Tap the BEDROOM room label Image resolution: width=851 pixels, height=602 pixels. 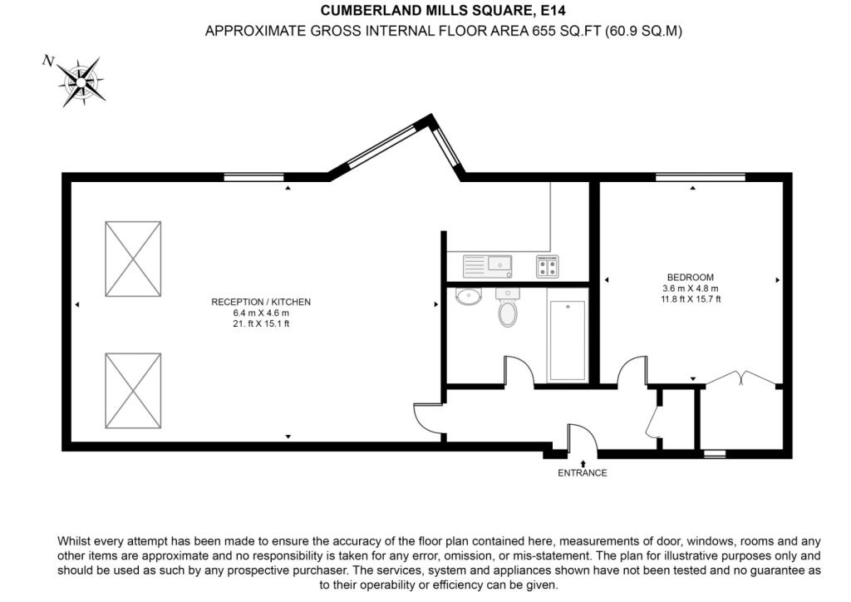tap(690, 277)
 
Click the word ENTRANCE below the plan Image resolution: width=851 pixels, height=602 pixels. tap(583, 473)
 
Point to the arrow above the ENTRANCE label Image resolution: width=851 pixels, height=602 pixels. tap(583, 461)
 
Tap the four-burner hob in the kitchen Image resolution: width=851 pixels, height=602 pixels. tap(548, 266)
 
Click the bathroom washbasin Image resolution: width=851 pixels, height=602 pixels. tap(468, 296)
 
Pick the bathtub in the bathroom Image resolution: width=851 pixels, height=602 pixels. tap(567, 340)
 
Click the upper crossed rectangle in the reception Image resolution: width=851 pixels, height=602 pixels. tap(133, 259)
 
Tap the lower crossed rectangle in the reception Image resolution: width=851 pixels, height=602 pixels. tap(133, 391)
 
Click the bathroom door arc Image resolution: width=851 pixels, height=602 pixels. tap(519, 372)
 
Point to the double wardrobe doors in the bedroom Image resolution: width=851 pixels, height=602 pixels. tap(740, 377)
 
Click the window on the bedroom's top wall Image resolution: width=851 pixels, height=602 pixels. tap(700, 176)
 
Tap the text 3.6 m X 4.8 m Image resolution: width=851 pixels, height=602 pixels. tap(690, 289)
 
